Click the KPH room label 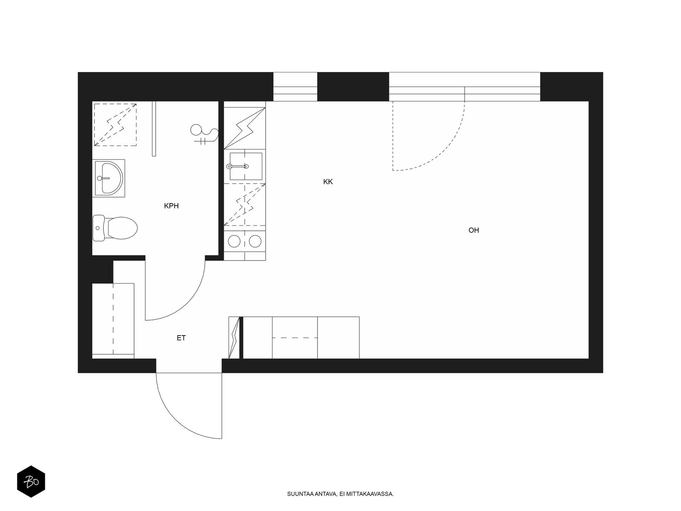point(171,206)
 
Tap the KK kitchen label point(328,181)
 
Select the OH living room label point(473,230)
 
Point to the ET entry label point(181,338)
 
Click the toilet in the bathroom point(115,228)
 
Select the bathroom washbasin point(109,178)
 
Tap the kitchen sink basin point(246,167)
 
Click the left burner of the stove point(234,241)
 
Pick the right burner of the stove point(255,241)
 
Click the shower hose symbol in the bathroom point(204,134)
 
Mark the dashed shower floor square point(115,125)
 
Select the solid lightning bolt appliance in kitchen point(245,128)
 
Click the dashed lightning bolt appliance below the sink point(245,204)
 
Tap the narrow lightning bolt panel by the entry point(234,338)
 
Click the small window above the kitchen point(295,86)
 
